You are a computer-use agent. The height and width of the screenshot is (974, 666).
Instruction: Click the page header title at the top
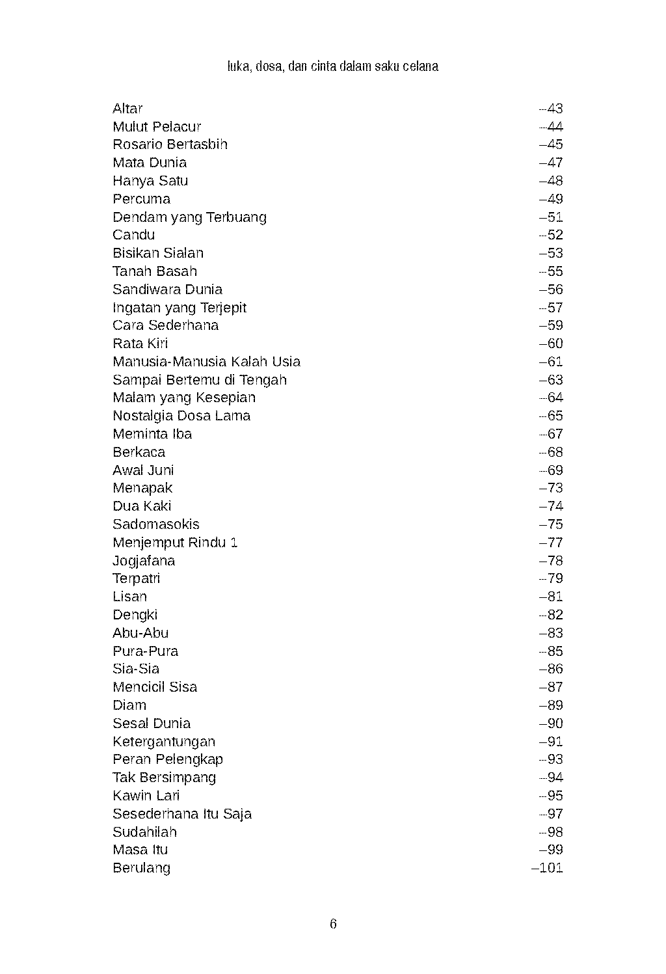pos(333,66)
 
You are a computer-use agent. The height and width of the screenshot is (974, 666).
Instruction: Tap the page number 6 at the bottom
pos(333,924)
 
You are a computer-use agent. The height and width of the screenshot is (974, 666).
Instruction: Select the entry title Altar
pos(127,109)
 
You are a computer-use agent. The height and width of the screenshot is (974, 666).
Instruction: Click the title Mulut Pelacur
pos(157,127)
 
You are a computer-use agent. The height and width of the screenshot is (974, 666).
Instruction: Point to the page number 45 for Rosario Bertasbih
pos(552,144)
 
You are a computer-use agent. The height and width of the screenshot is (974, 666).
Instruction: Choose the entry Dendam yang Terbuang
pos(189,217)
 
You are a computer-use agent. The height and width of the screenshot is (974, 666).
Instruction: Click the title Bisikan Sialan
pos(158,253)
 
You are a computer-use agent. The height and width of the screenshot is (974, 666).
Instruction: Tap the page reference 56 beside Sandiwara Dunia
pos(552,290)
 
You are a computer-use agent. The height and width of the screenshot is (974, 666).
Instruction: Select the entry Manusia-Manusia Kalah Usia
pos(206,362)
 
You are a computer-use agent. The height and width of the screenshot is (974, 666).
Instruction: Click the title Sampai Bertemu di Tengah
pos(200,380)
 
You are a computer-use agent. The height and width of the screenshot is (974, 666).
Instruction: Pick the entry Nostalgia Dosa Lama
pos(181,416)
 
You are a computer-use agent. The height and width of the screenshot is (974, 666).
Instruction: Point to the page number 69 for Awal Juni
pos(552,470)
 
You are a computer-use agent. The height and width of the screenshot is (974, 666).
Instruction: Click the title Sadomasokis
pos(156,524)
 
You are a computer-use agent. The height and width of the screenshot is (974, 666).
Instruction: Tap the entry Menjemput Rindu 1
pos(175,543)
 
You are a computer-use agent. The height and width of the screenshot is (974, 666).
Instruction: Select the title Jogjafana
pos(144,561)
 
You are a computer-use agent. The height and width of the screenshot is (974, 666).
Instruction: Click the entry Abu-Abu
pos(140,633)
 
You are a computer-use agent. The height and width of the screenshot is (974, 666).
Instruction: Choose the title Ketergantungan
pos(164,742)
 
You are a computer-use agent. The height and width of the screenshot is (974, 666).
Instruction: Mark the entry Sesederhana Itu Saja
pos(182,814)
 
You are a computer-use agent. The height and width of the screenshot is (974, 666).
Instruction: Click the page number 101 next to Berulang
pos(548,868)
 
